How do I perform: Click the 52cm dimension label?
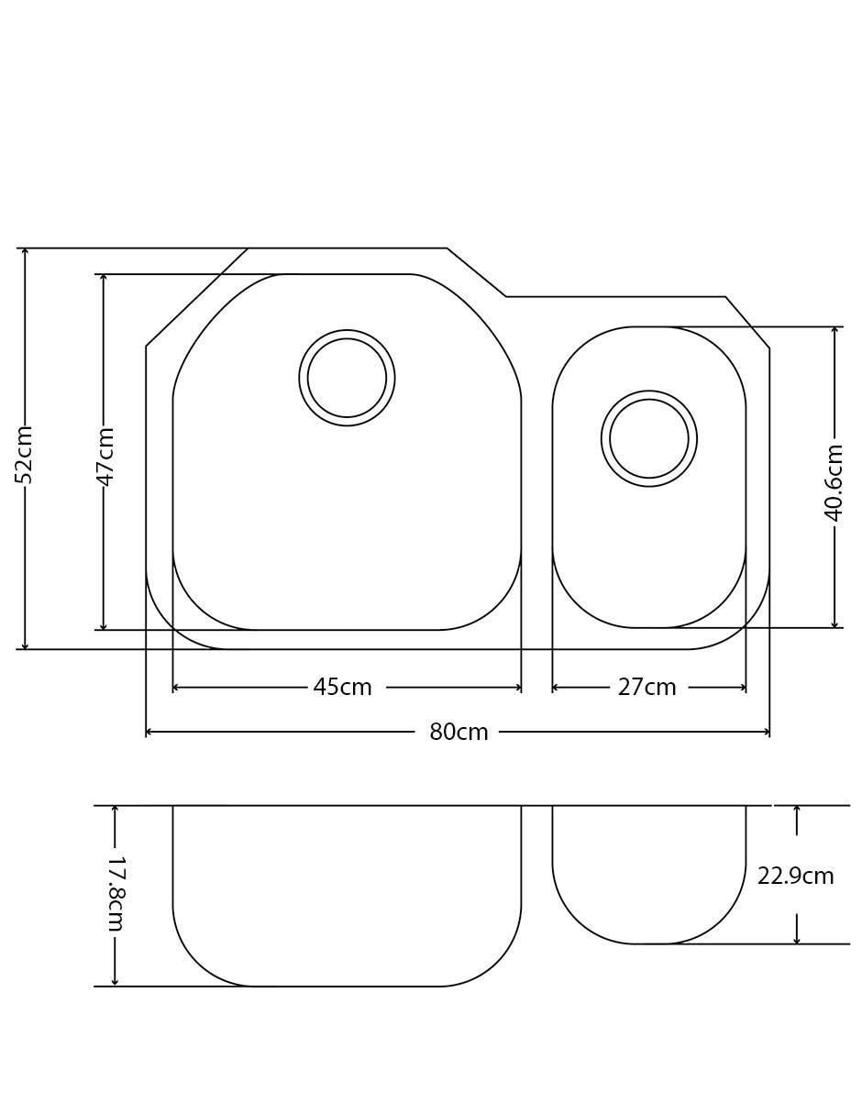tap(24, 454)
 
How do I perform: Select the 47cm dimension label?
tap(105, 457)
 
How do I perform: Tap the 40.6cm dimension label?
tap(834, 483)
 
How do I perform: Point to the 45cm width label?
tap(342, 688)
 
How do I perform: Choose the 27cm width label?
tap(646, 688)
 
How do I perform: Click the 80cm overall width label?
tap(459, 732)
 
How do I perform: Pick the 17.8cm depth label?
tap(116, 894)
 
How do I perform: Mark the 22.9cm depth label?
tap(795, 877)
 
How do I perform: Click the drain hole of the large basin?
tap(347, 378)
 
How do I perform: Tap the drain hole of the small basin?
tap(649, 438)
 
